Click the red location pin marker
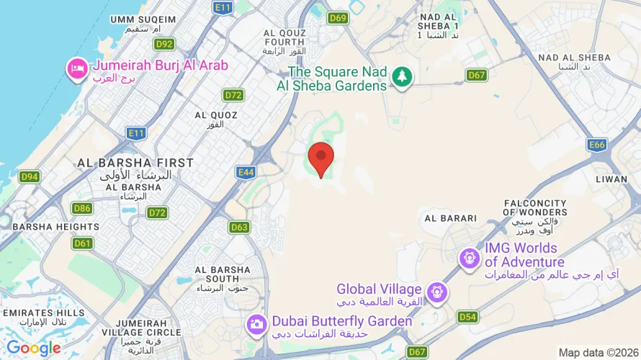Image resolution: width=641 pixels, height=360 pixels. pyautogui.click(x=320, y=158)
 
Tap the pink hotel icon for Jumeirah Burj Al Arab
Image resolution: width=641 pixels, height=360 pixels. pyautogui.click(x=76, y=70)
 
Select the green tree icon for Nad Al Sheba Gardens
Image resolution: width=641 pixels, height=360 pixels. pyautogui.click(x=401, y=76)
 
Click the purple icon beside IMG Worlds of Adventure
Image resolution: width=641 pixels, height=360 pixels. pyautogui.click(x=470, y=257)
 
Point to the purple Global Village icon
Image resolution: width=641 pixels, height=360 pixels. pyautogui.click(x=436, y=292)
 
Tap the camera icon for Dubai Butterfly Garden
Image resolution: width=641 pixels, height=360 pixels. pyautogui.click(x=256, y=324)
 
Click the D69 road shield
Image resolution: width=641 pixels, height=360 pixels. pyautogui.click(x=338, y=17)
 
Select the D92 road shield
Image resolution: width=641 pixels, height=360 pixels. pyautogui.click(x=164, y=44)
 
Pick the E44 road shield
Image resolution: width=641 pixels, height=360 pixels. pyautogui.click(x=246, y=172)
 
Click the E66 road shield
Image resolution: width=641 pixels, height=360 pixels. pyautogui.click(x=596, y=145)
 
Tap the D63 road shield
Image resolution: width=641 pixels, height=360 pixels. pyautogui.click(x=239, y=228)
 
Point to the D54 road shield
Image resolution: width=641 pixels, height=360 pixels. pyautogui.click(x=467, y=316)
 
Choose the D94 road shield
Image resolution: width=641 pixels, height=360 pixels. pyautogui.click(x=30, y=176)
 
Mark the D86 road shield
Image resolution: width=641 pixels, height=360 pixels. pyautogui.click(x=82, y=208)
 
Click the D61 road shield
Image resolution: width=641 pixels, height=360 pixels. pyautogui.click(x=83, y=243)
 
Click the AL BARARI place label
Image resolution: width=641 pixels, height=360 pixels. pyautogui.click(x=451, y=218)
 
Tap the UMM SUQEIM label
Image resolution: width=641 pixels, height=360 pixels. pyautogui.click(x=143, y=19)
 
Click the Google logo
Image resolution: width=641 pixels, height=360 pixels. pyautogui.click(x=33, y=348)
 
